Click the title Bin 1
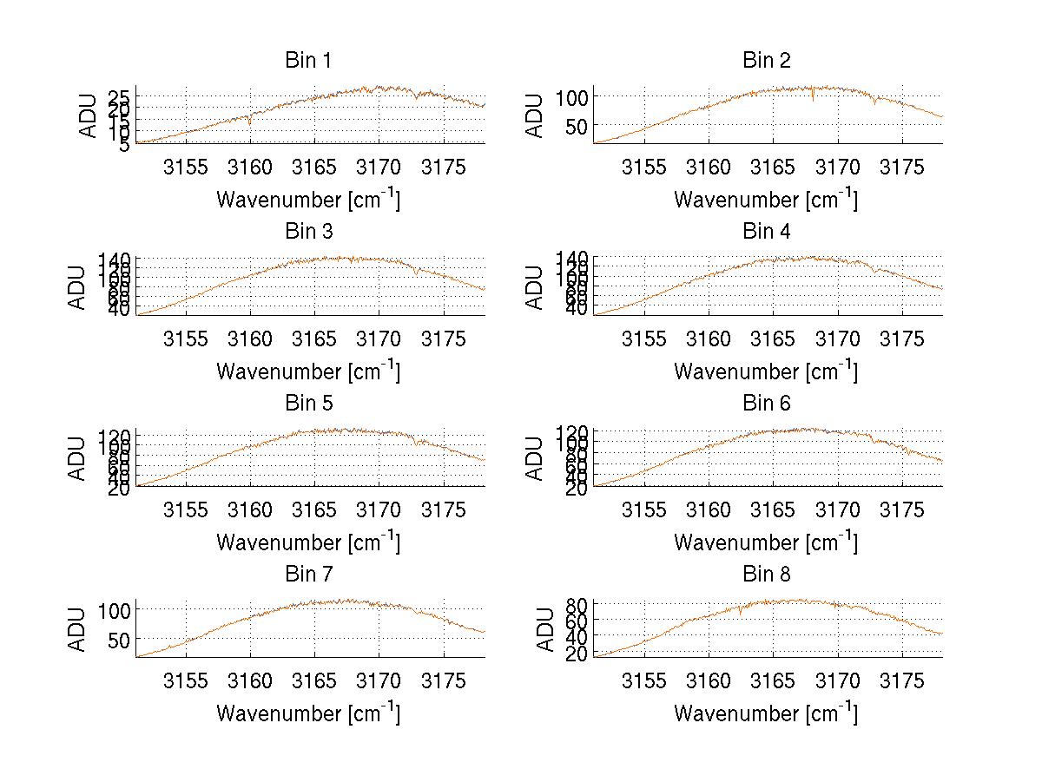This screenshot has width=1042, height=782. tap(308, 61)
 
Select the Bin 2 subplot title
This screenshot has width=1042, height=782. tap(766, 61)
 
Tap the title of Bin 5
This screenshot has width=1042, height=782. tap(308, 404)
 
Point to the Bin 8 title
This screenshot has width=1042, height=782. tap(766, 575)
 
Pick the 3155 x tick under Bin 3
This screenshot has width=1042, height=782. tap(186, 338)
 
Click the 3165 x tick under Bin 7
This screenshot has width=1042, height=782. tap(314, 680)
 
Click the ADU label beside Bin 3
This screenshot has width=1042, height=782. tap(78, 287)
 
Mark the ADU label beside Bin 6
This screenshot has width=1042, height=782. tap(536, 458)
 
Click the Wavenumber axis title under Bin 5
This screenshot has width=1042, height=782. tap(308, 542)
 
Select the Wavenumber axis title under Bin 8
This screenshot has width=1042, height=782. tap(766, 713)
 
